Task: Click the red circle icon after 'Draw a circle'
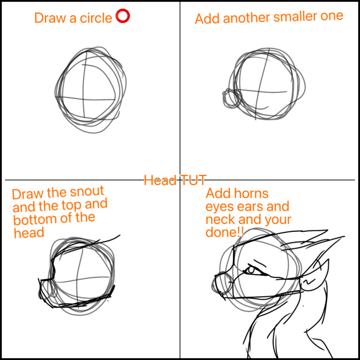(x=122, y=17)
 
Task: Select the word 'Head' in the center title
(x=160, y=181)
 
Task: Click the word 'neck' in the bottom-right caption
(x=220, y=220)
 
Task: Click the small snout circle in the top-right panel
(x=231, y=99)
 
